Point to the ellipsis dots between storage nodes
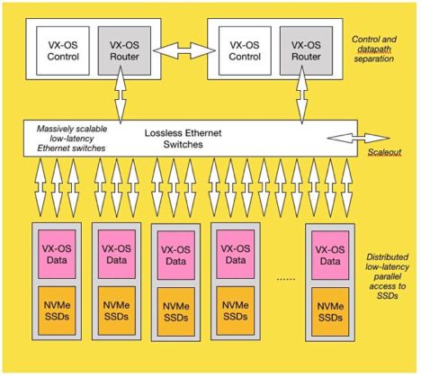tap(285, 279)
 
